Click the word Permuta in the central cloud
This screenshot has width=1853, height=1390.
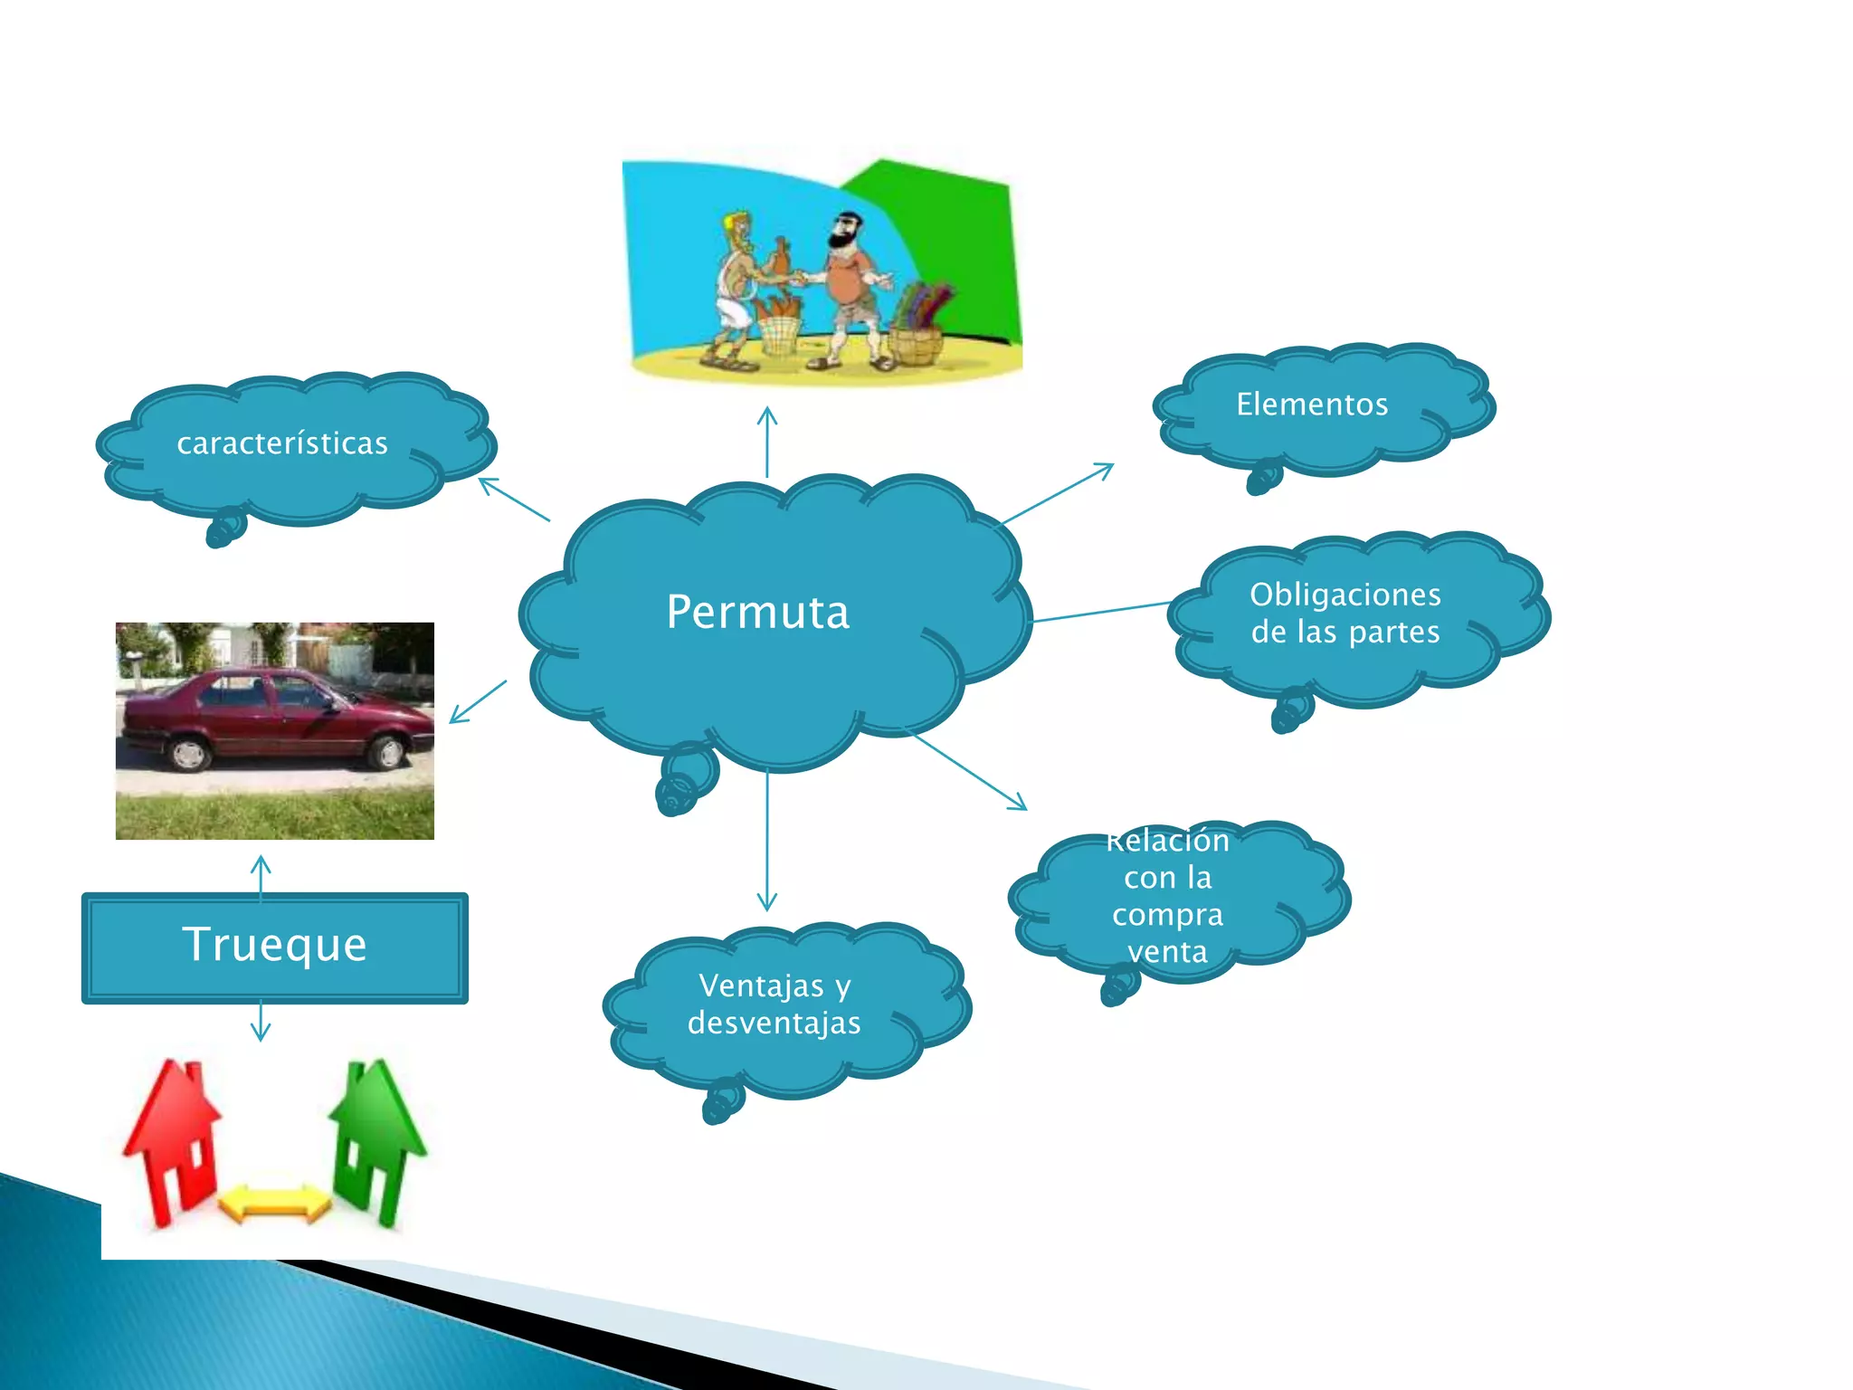click(758, 613)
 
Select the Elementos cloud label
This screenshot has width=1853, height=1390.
click(1312, 405)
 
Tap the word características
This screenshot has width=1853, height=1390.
click(282, 443)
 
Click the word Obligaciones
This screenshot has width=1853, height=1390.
click(1345, 595)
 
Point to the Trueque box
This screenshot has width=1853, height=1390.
click(275, 947)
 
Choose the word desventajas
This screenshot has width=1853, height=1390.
click(774, 1023)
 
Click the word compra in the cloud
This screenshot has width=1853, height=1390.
click(1167, 915)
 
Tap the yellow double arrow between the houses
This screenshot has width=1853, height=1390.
click(275, 1204)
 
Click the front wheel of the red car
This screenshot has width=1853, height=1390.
click(388, 752)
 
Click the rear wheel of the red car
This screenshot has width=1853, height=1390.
click(189, 754)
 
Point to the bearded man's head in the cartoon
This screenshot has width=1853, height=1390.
click(846, 232)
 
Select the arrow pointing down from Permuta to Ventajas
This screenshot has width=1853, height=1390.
click(767, 842)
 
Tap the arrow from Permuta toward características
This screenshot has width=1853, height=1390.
click(513, 500)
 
